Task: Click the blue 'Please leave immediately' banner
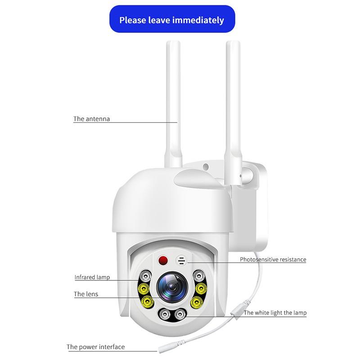coord(171,20)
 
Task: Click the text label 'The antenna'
coord(92,119)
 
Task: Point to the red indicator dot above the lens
coord(163,260)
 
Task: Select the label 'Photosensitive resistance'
coord(273,260)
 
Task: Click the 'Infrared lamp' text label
coord(92,277)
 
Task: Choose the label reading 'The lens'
coord(86,294)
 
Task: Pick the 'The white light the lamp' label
coord(275,313)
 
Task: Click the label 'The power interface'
coord(96,347)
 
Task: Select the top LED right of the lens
coord(198,274)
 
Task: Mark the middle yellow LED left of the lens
coord(144,288)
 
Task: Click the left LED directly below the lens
coord(164,314)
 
